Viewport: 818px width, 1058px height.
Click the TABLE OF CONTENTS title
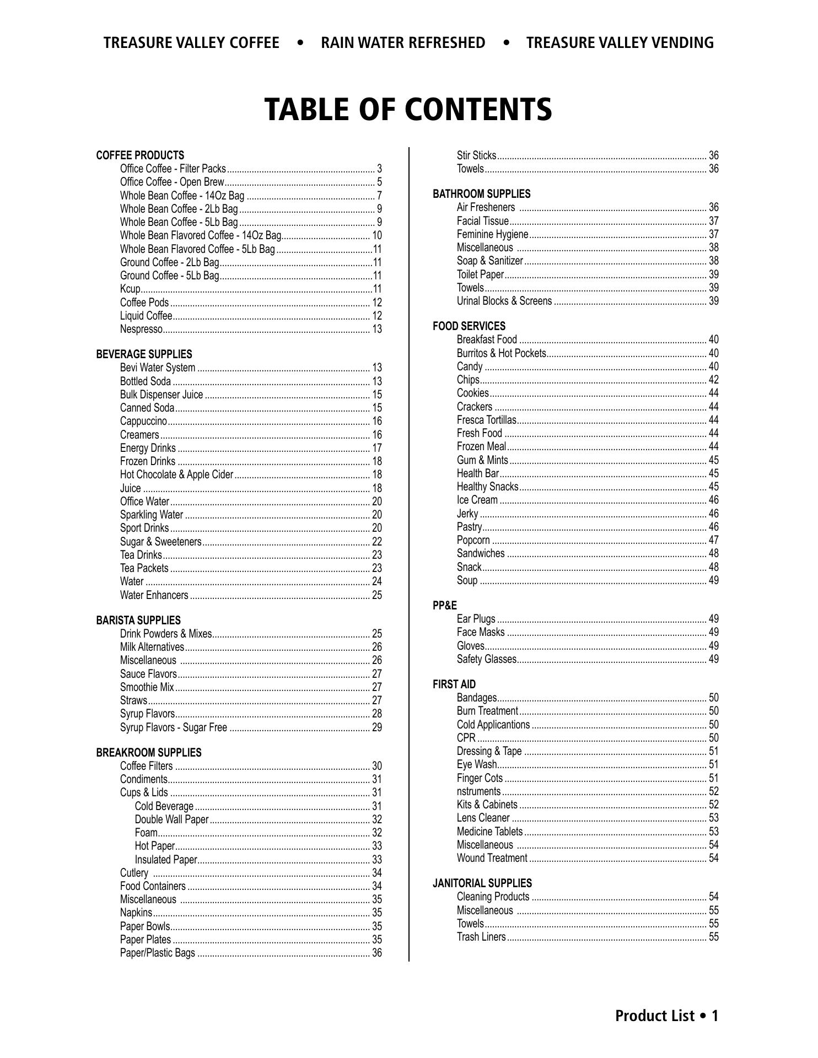click(x=408, y=109)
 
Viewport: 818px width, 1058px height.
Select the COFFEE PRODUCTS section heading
click(x=140, y=155)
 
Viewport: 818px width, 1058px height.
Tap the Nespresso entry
click(x=142, y=329)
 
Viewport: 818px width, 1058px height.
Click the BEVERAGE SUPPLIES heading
click(x=144, y=354)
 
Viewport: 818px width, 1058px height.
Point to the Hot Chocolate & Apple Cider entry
click(x=176, y=474)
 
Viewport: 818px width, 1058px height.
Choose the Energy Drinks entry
click(x=148, y=448)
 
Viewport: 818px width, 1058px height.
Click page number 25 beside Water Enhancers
click(x=377, y=595)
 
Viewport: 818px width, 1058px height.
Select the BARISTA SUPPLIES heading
click(x=138, y=620)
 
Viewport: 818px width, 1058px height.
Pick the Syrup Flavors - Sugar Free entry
click(x=174, y=727)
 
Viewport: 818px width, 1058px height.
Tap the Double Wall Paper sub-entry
click(x=171, y=819)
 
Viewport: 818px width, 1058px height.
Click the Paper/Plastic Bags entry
click(x=158, y=953)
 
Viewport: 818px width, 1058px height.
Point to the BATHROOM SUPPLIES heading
click(x=481, y=194)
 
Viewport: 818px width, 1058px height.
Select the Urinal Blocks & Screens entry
click(x=504, y=301)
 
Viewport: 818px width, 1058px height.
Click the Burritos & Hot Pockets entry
click(x=501, y=353)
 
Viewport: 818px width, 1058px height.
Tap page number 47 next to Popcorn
click(x=713, y=540)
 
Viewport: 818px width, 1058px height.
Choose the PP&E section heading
click(x=445, y=606)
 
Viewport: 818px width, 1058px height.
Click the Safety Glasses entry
click(x=486, y=659)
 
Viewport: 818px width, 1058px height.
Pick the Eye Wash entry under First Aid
click(x=477, y=764)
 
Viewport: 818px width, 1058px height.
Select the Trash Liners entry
click(x=481, y=937)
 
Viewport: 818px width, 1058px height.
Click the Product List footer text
click(x=666, y=1016)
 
